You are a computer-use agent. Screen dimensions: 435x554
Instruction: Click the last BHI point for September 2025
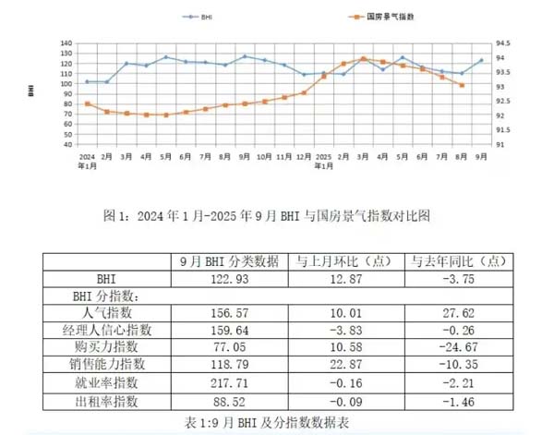pyautogui.click(x=481, y=61)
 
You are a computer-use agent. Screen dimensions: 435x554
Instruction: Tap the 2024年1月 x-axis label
pyautogui.click(x=88, y=161)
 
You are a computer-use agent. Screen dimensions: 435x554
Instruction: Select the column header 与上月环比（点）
pyautogui.click(x=343, y=260)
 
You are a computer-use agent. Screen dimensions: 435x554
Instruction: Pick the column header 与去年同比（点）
pyautogui.click(x=457, y=260)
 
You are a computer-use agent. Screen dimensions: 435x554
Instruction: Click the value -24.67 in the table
pyautogui.click(x=457, y=348)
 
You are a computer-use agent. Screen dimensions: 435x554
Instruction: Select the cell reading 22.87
pyautogui.click(x=343, y=366)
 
